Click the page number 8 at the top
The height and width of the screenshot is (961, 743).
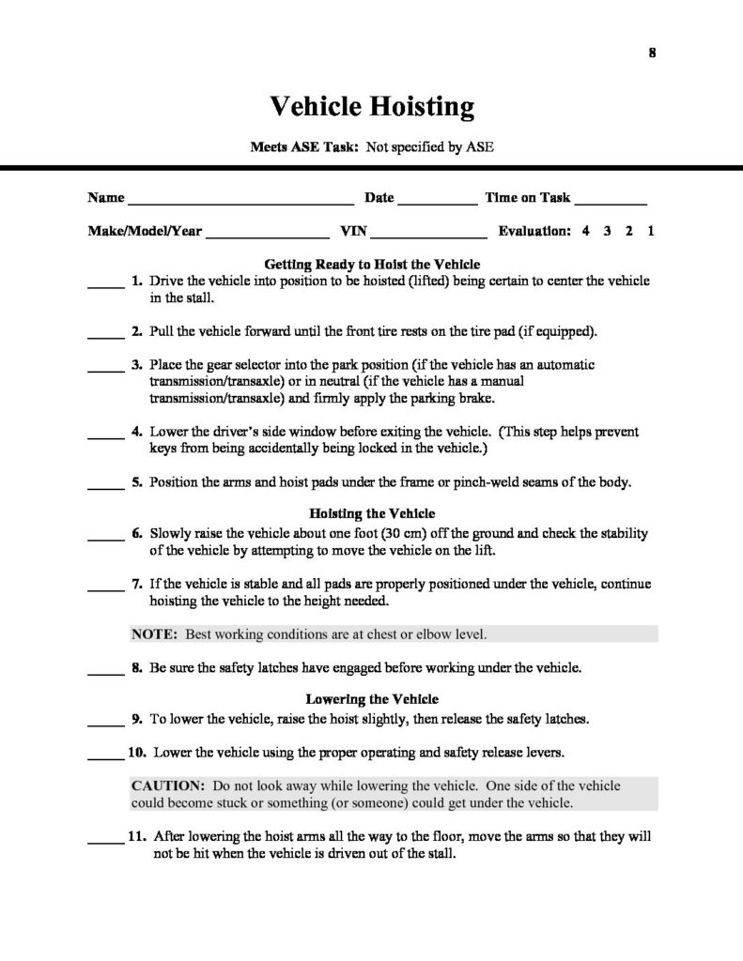tap(652, 53)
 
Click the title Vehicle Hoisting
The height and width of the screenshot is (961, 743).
tap(372, 106)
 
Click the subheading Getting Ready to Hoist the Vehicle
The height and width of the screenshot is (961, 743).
tap(372, 265)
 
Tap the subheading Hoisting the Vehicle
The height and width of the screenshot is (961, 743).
tap(372, 513)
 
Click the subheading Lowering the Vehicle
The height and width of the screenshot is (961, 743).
tap(372, 699)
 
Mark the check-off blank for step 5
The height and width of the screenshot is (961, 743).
tap(105, 486)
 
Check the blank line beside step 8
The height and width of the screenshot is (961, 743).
tap(105, 672)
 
